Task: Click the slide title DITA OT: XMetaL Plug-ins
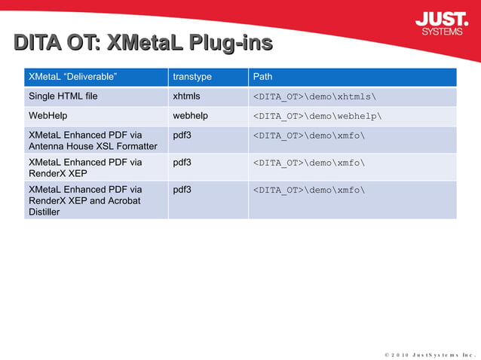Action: click(143, 43)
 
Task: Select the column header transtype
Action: click(192, 77)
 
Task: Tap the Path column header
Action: click(263, 77)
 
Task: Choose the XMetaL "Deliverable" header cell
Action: click(72, 77)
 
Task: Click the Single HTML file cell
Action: click(63, 96)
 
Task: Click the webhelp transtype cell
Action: click(190, 116)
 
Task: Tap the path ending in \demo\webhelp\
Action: click(317, 117)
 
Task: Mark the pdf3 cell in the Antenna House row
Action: click(182, 136)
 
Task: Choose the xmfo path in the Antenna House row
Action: click(309, 136)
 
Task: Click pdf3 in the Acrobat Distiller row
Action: click(182, 190)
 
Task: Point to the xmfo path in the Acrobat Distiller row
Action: click(309, 191)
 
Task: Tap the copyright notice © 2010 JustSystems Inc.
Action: click(429, 353)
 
